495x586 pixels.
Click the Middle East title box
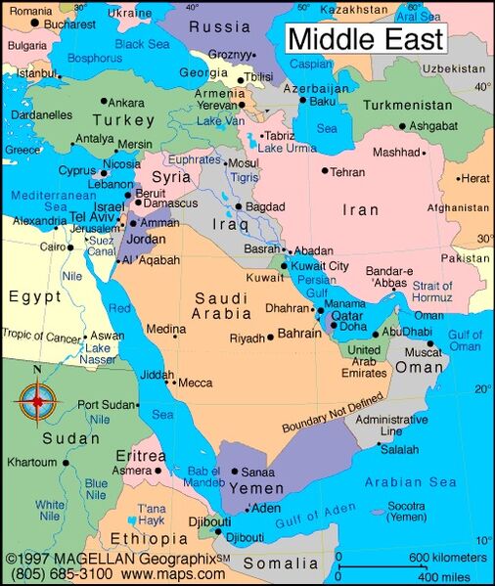point(365,40)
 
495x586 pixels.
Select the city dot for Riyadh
point(270,338)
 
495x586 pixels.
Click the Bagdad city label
point(265,207)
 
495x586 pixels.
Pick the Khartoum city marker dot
point(66,462)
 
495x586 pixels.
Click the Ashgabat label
point(434,126)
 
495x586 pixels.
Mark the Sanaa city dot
point(234,471)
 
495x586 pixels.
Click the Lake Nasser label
point(99,353)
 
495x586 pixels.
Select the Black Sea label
point(143,44)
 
